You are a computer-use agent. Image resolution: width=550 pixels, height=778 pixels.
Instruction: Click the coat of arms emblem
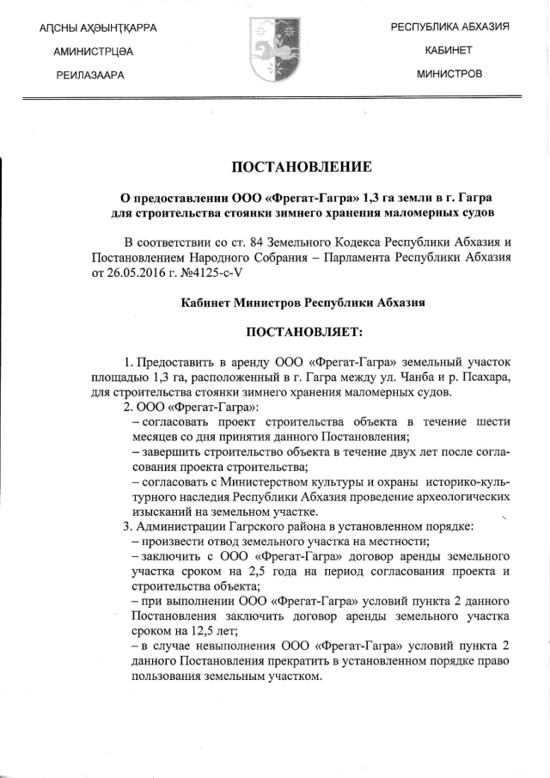(274, 51)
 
